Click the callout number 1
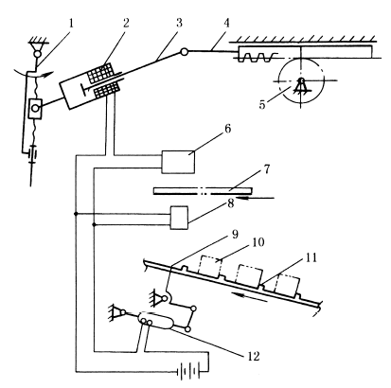click(x=71, y=23)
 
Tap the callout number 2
click(x=126, y=23)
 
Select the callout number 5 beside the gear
click(x=262, y=105)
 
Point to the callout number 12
click(x=254, y=357)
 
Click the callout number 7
click(x=267, y=169)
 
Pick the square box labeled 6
click(x=178, y=162)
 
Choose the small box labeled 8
click(x=179, y=218)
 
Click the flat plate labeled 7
click(x=203, y=191)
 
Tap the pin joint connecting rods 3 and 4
click(x=185, y=52)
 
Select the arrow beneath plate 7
click(x=256, y=198)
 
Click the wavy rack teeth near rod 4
click(x=256, y=58)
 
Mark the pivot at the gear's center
click(x=301, y=80)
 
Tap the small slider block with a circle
click(x=35, y=109)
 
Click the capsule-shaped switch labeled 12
click(x=156, y=321)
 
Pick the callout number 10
click(x=258, y=242)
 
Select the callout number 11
click(x=311, y=257)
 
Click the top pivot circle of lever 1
click(x=38, y=54)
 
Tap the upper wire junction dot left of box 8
click(x=76, y=214)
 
